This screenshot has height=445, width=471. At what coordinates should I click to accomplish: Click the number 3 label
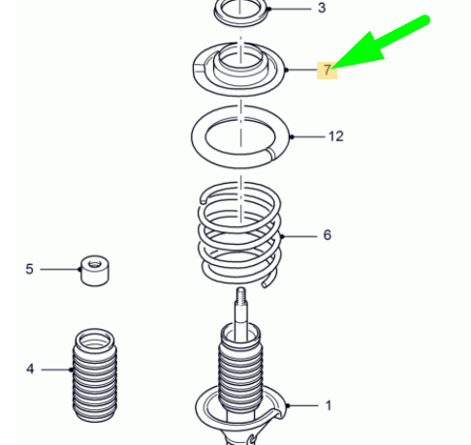322,9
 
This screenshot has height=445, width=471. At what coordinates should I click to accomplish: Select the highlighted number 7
328,70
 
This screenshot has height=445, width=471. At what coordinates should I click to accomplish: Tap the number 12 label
335,136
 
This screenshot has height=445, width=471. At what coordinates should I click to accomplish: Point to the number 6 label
327,235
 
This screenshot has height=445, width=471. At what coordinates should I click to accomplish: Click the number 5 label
29,269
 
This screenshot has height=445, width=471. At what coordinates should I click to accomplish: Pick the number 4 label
29,369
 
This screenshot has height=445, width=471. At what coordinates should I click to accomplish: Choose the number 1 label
328,405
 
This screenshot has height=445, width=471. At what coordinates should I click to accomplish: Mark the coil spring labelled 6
237,232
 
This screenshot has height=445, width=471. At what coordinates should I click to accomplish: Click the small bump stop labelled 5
94,270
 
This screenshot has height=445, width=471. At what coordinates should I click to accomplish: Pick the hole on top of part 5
94,261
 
